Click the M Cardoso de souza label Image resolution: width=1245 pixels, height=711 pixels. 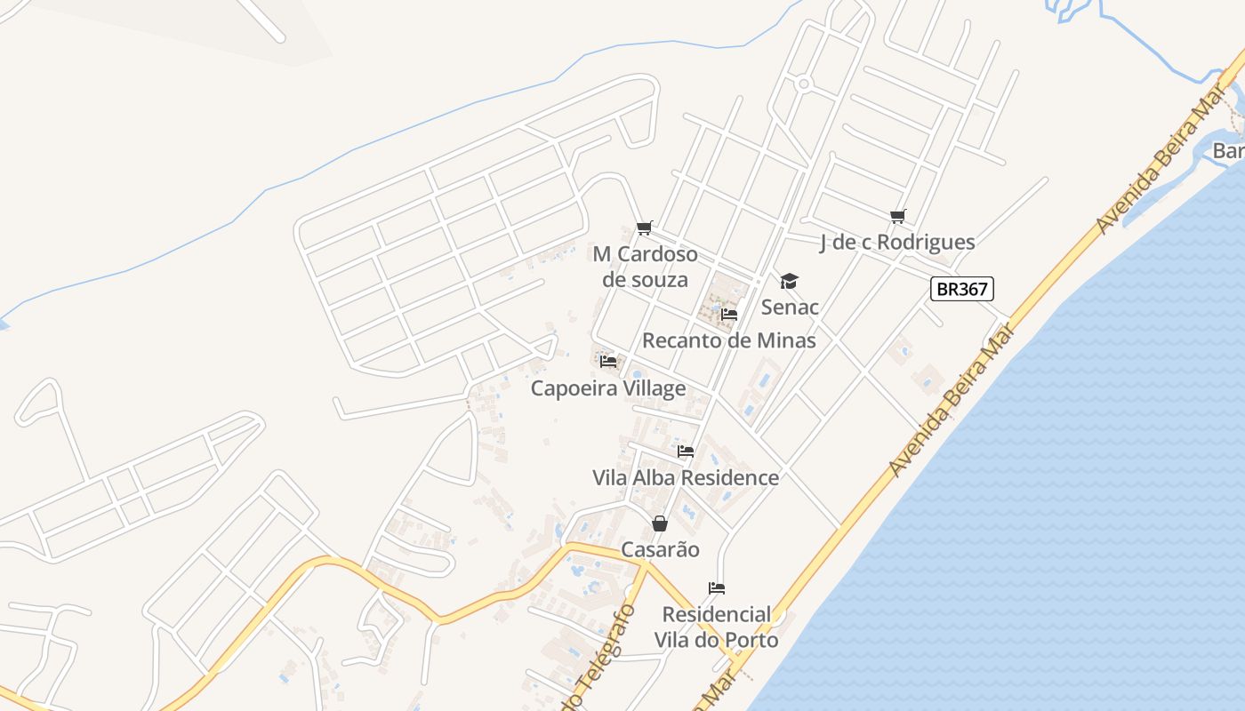(646, 267)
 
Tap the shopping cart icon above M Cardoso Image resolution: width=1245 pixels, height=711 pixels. (645, 228)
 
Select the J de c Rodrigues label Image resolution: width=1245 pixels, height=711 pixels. (897, 242)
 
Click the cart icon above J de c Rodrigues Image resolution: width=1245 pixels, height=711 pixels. (898, 216)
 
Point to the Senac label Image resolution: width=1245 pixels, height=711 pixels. (790, 308)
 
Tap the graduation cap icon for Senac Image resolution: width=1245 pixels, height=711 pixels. (789, 282)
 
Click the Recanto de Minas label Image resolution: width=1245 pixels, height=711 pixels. (729, 340)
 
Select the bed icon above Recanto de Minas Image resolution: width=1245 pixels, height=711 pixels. (729, 314)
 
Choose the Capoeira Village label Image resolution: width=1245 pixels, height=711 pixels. (608, 388)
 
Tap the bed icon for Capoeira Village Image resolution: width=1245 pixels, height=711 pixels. (608, 362)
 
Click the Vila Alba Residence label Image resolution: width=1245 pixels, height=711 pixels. (686, 477)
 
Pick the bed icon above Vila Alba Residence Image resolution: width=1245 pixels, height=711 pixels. (686, 451)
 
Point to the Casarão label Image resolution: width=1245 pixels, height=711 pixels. (660, 549)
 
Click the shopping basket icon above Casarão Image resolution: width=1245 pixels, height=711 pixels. (660, 523)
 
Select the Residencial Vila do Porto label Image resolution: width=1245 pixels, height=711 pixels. (717, 627)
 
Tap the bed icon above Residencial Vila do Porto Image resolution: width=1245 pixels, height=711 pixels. (717, 588)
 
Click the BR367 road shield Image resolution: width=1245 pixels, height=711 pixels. (961, 289)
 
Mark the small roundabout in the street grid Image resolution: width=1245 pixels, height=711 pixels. (804, 84)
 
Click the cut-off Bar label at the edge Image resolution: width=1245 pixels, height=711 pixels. (1228, 151)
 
